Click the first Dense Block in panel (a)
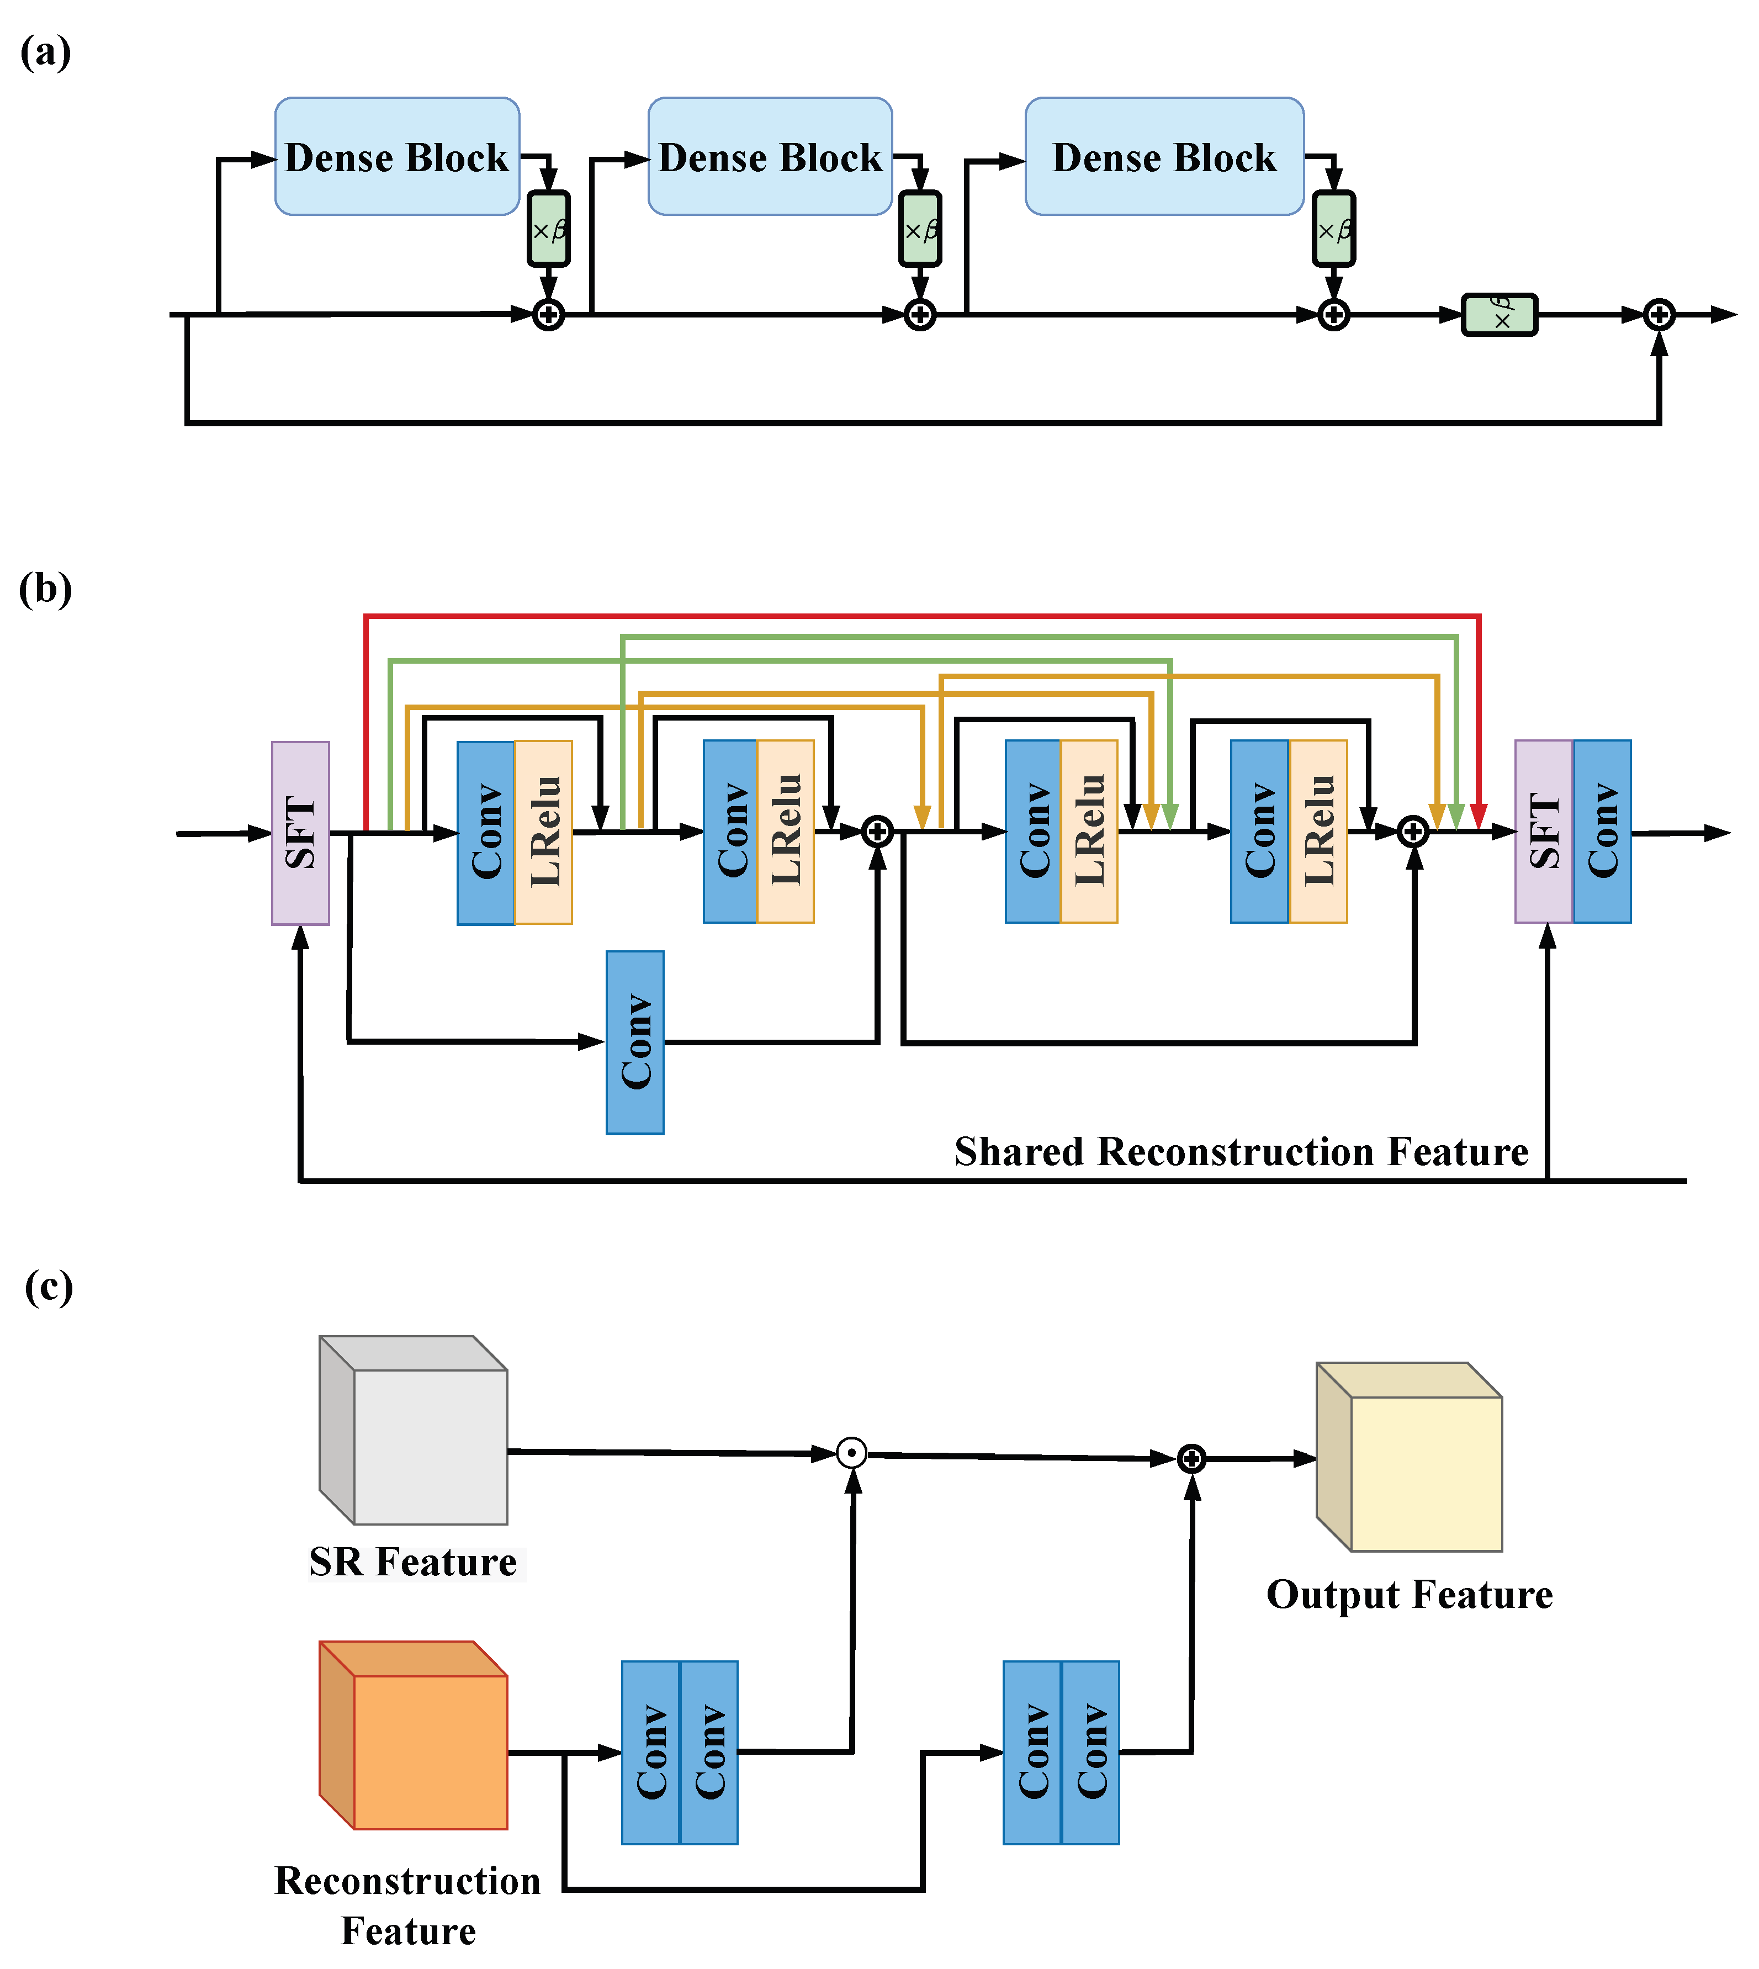coord(396,157)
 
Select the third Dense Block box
coord(1164,157)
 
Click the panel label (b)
coord(45,589)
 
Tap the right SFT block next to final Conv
coord(1544,832)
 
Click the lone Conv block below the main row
coord(635,1042)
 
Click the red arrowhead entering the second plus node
coord(1478,817)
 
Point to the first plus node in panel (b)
coord(877,832)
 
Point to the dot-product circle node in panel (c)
coord(851,1453)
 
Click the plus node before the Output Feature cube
coord(1191,1459)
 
